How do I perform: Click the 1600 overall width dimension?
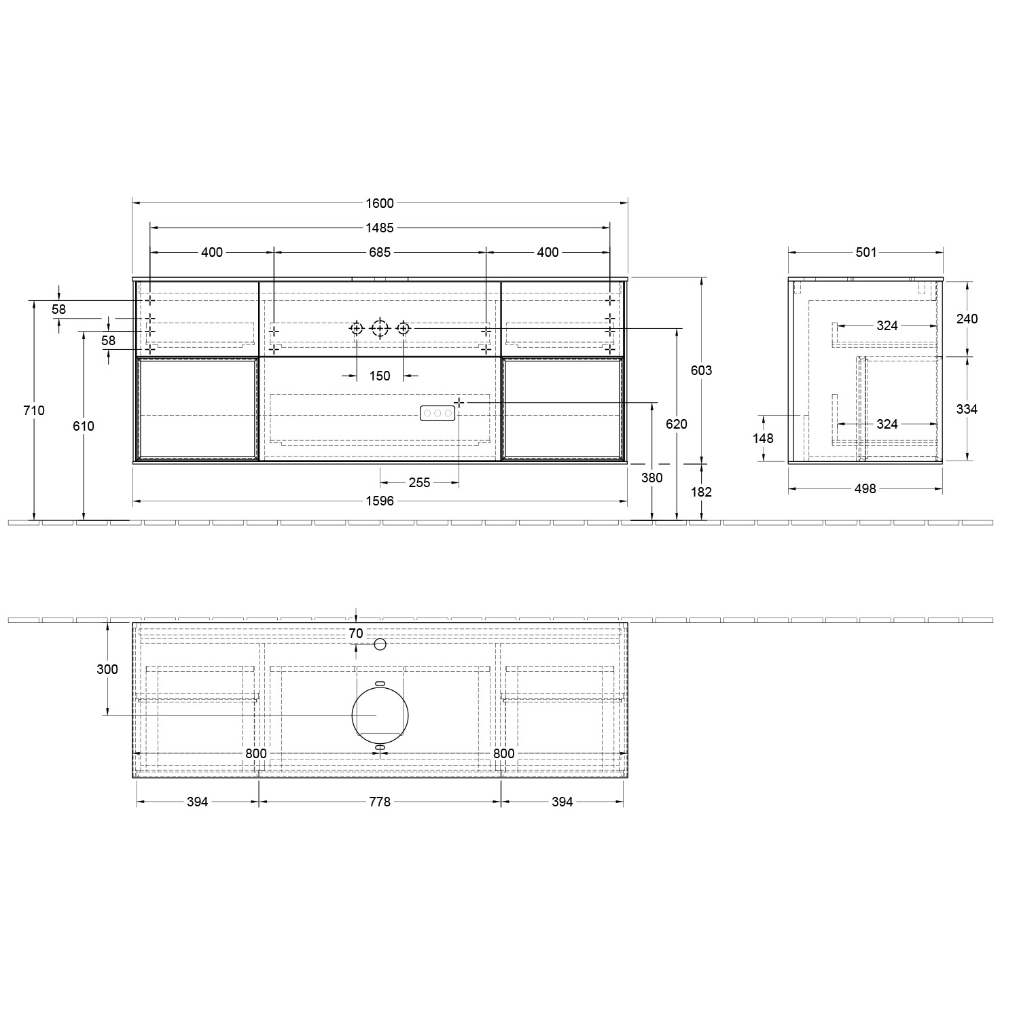380,203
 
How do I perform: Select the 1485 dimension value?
380,228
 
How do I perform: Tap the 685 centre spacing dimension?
380,252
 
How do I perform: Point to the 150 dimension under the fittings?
380,376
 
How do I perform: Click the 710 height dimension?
34,410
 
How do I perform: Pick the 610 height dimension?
84,426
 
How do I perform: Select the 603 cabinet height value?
701,370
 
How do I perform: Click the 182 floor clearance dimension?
701,492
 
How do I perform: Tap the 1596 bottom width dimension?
380,501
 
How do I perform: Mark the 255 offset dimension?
419,482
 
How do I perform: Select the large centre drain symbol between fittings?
380,329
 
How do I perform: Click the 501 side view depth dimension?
865,252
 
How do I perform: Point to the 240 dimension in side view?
967,319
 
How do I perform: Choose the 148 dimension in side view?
763,438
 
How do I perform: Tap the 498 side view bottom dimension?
865,488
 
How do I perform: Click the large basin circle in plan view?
380,715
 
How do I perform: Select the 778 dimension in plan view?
380,802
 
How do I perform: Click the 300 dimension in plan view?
107,669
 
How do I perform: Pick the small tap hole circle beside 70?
380,643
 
